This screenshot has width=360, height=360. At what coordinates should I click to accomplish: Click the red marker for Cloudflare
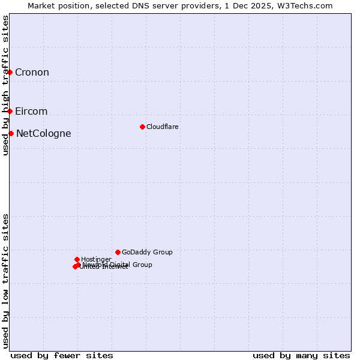tap(142, 127)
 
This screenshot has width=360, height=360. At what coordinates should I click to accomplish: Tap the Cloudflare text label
tap(163, 127)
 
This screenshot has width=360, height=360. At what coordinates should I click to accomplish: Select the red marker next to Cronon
tap(10, 72)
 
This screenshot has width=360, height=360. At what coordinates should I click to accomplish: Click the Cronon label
tap(32, 73)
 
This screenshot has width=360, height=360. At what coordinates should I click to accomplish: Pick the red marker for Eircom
tap(10, 111)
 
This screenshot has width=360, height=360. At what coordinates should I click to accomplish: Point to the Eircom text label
tap(31, 112)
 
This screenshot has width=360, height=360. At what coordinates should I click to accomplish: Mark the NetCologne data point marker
tap(11, 133)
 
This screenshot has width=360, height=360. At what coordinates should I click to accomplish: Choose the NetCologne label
tap(43, 134)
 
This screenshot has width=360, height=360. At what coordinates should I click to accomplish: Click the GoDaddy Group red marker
tap(118, 252)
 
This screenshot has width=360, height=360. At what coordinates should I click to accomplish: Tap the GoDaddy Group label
tap(147, 252)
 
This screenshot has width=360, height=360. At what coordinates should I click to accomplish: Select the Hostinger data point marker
tap(77, 259)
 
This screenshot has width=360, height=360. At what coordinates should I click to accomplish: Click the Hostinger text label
tap(96, 259)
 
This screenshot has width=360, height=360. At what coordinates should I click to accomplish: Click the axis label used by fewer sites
tap(62, 355)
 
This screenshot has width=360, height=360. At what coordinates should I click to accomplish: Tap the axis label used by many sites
tap(301, 355)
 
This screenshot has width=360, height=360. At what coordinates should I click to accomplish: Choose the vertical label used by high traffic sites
tap(5, 85)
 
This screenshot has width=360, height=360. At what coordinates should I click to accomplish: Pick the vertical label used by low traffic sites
tap(5, 280)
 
